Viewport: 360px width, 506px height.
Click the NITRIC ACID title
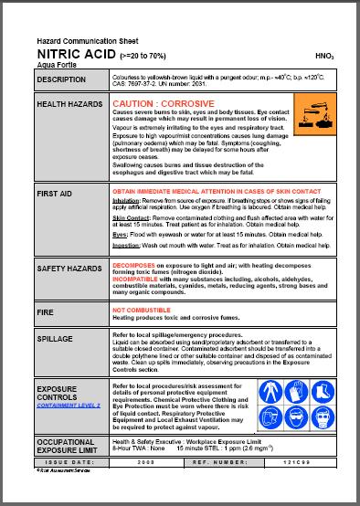[69, 55]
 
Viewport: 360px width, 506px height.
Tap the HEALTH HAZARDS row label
[69, 105]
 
